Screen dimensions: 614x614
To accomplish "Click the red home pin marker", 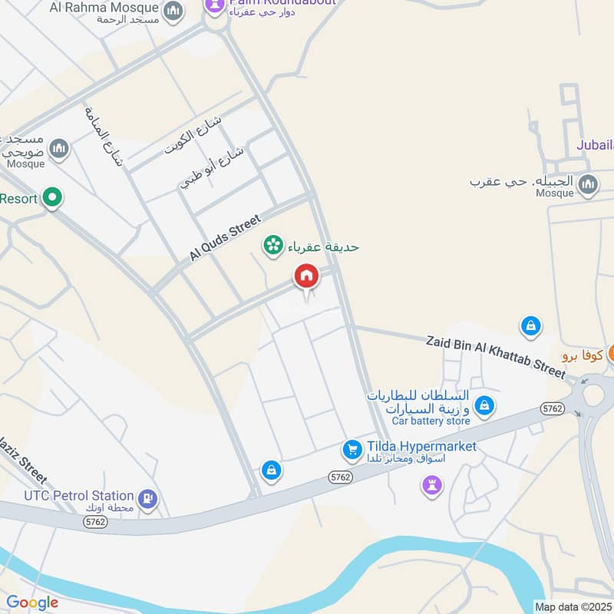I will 306,276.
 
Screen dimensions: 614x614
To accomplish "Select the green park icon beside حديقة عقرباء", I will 271,246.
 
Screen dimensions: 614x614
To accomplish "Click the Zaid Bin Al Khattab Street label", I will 495,355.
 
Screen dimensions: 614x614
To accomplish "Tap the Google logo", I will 32,602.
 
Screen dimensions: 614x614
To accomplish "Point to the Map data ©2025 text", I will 573,607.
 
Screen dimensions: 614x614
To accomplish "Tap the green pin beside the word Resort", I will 52,199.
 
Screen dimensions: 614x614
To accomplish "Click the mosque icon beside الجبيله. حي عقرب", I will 588,184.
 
